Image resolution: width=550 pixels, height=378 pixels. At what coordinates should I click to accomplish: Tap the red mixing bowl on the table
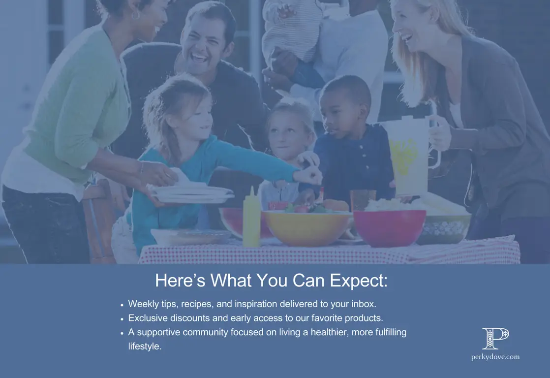pyautogui.click(x=389, y=228)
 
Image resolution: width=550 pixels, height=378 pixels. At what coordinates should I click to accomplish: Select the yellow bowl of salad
pyautogui.click(x=307, y=227)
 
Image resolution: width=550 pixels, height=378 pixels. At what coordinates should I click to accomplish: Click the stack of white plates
pyautogui.click(x=191, y=194)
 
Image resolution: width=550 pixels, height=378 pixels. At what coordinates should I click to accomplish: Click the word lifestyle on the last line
pyautogui.click(x=144, y=346)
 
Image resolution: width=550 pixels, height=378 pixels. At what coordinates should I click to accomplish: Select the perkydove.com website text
pyautogui.click(x=495, y=357)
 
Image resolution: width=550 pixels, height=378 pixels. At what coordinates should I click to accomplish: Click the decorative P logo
pyautogui.click(x=495, y=338)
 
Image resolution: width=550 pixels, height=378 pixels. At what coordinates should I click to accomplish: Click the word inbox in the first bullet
pyautogui.click(x=364, y=304)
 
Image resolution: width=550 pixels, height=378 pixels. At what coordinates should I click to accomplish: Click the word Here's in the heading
pyautogui.click(x=180, y=280)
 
